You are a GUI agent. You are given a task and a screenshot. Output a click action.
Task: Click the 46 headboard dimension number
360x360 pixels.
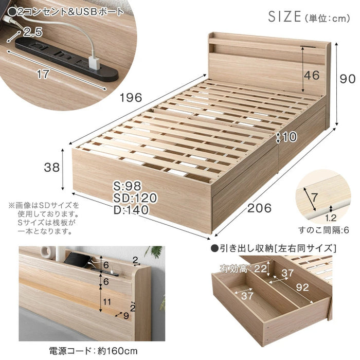tap(311, 75)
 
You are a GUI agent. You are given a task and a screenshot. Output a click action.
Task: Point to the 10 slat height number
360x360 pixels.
tap(290, 138)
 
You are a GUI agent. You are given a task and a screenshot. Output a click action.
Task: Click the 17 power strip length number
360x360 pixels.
tap(43, 75)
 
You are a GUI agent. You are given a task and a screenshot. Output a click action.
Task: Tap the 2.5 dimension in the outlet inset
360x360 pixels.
tap(32, 33)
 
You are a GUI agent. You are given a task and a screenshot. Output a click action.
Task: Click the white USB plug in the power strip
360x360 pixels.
tap(96, 64)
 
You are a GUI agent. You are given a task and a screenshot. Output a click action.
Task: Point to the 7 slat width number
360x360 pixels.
tap(315, 195)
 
